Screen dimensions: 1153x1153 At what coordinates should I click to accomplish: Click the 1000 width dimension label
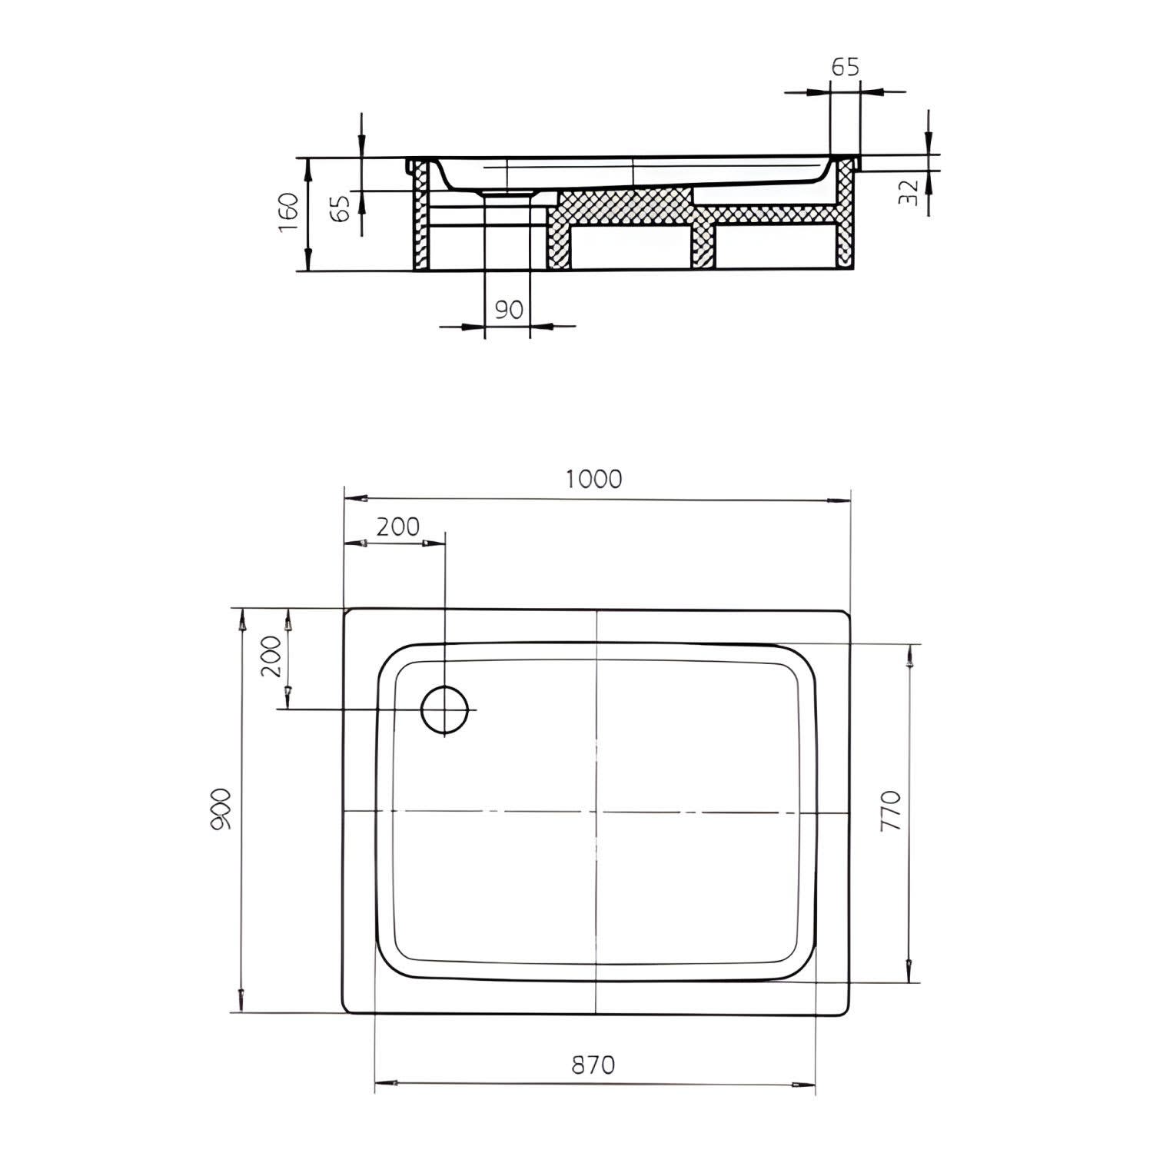tap(593, 479)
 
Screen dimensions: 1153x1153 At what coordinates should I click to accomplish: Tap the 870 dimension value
tap(593, 1065)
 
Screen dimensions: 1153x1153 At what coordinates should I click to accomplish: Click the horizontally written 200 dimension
tap(399, 527)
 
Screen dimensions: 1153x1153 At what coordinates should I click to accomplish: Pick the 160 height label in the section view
tap(287, 213)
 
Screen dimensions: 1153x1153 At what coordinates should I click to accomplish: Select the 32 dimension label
tap(908, 191)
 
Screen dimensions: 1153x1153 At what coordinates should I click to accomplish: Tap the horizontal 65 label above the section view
tap(845, 67)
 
